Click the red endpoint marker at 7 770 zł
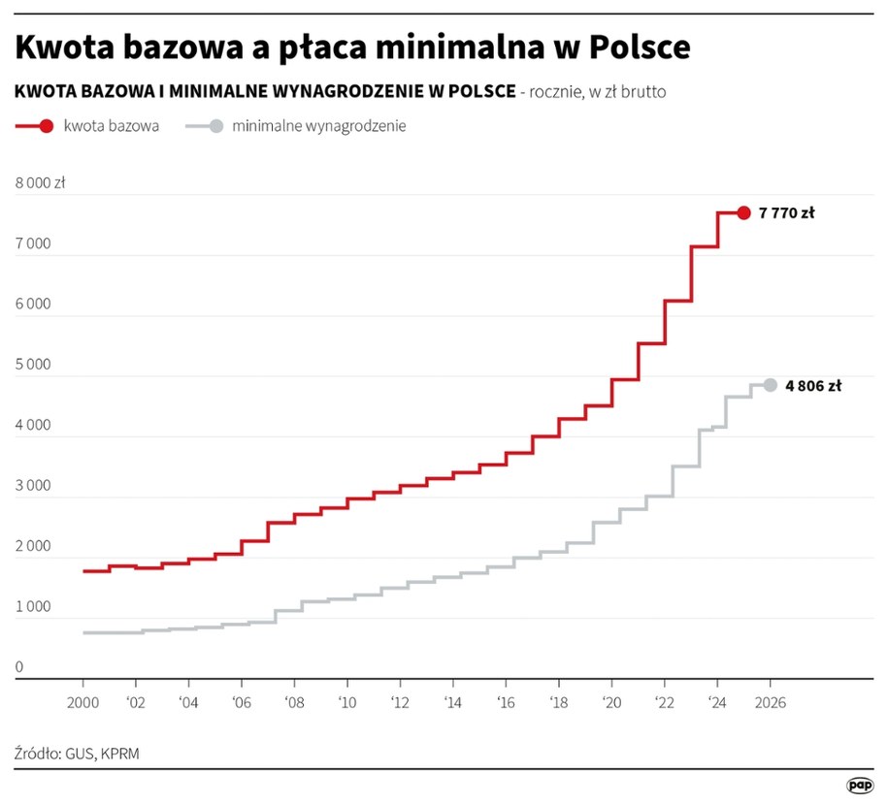tap(743, 213)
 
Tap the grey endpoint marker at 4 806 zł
tap(770, 385)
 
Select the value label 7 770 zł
tap(786, 213)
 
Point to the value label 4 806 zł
tap(812, 385)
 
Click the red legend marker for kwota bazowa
tap(46, 126)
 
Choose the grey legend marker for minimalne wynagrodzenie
tap(214, 126)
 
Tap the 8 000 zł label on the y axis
tap(40, 183)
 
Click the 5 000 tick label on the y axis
tap(33, 365)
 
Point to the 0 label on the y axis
tap(19, 667)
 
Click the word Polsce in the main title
tap(622, 47)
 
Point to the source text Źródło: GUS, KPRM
tap(77, 753)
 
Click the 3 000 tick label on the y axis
tap(33, 486)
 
